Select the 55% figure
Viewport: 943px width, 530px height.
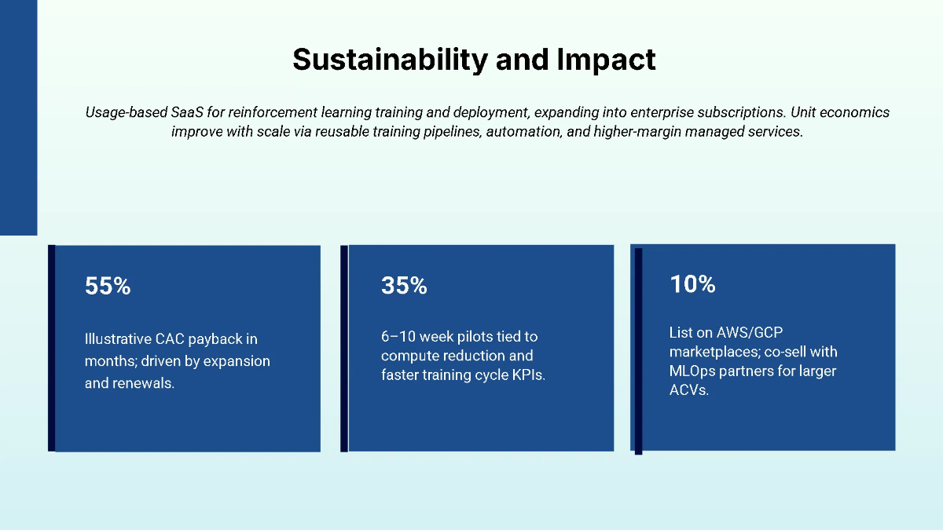click(108, 287)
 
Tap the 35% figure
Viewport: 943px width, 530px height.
click(404, 287)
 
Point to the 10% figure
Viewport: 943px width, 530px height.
click(692, 284)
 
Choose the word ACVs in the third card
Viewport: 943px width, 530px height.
click(688, 389)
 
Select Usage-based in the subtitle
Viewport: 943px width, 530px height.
click(126, 112)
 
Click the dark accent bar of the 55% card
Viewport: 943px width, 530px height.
click(52, 348)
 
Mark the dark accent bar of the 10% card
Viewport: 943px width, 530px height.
click(638, 350)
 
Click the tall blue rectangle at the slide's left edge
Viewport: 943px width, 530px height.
click(18, 118)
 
